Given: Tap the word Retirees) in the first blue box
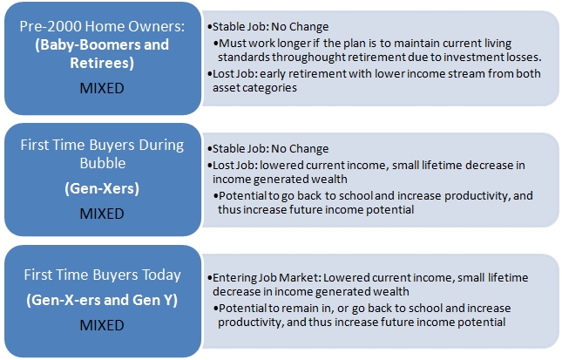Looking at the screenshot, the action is [x=102, y=63].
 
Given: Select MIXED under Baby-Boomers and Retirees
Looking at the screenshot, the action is [x=102, y=88].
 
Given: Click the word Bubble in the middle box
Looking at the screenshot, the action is [x=103, y=163].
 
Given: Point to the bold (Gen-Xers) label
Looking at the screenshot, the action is [x=102, y=188].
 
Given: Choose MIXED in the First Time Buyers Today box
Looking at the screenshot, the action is [x=102, y=325].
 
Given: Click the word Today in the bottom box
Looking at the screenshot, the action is [x=162, y=275].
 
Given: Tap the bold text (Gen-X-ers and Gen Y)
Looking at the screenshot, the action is [x=102, y=300].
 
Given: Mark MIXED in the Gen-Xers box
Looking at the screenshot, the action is [x=102, y=214].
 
